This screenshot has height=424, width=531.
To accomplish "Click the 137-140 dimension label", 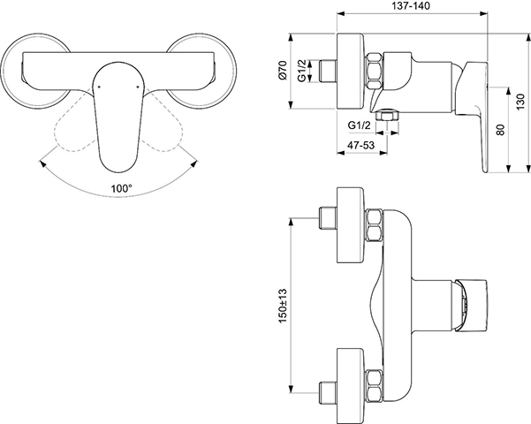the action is [411, 6].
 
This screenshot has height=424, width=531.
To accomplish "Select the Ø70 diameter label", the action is [283, 71].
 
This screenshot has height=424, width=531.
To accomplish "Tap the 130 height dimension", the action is [522, 102].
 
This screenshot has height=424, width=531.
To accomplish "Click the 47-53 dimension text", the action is [361, 145].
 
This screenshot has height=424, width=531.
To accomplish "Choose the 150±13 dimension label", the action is [283, 306].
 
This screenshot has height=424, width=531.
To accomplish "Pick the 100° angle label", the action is [122, 188].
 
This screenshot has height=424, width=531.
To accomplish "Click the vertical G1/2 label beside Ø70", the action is [302, 70].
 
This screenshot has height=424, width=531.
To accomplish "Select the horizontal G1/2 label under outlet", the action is [360, 125].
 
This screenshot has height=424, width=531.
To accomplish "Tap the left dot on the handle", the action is [99, 87].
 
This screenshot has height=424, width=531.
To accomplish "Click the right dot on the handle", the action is [137, 87].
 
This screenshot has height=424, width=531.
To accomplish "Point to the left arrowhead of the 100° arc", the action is [42, 164].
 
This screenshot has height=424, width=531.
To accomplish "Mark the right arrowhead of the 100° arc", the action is [193, 163].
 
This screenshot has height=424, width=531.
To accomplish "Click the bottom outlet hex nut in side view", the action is [387, 116].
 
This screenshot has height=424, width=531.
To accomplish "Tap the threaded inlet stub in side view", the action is [328, 71].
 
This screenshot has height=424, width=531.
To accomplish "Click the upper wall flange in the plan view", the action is [351, 225].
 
